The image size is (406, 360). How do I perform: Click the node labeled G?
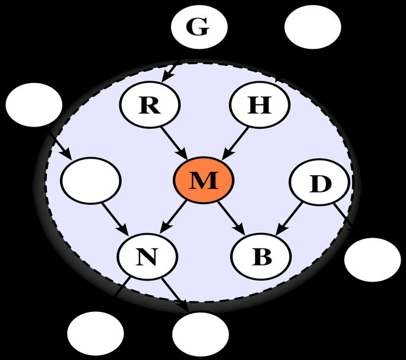tap(199, 28)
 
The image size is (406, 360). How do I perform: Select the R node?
tap(149, 105)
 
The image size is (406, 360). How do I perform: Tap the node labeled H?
tap(259, 105)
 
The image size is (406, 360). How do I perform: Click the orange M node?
tap(204, 180)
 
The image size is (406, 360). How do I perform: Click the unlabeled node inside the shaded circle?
tap(91, 180)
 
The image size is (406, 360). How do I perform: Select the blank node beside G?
tap(313, 28)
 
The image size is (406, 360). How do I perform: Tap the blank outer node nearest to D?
tap(373, 260)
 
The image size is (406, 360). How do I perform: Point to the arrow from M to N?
tap(175, 217)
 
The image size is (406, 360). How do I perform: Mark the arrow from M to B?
tap(232, 217)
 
